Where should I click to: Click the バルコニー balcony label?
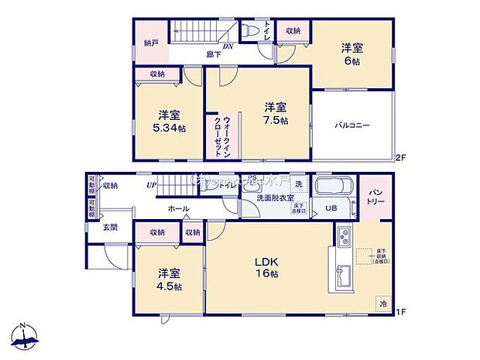(352, 125)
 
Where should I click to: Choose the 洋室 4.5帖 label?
(168, 279)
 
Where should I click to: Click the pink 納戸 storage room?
(151, 43)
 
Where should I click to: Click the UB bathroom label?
(331, 208)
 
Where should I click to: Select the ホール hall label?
(178, 209)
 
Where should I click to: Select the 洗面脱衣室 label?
(275, 198)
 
